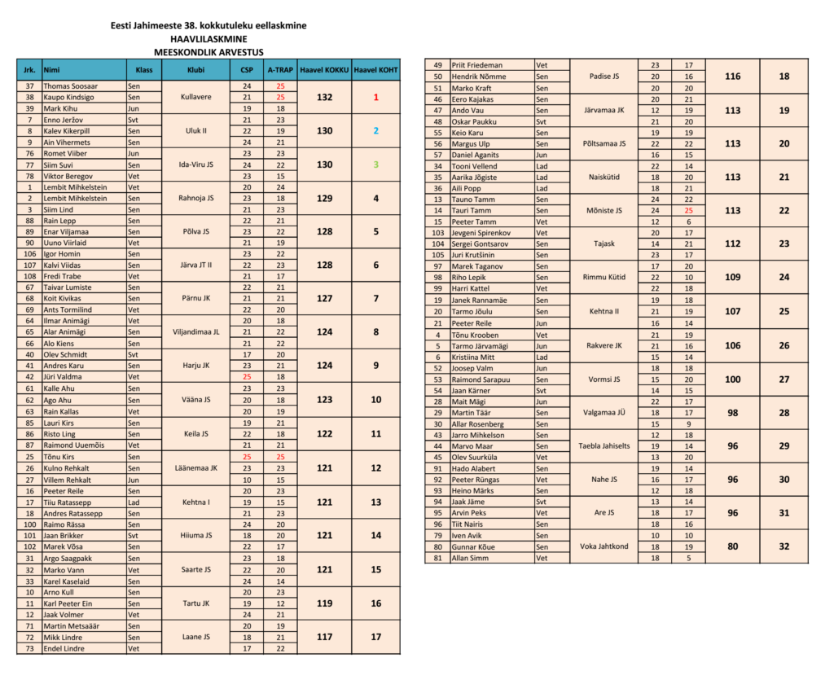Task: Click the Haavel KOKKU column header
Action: [324, 70]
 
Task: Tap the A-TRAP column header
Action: [280, 70]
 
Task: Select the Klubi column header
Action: [195, 70]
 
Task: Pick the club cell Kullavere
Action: [195, 97]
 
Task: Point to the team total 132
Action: [324, 97]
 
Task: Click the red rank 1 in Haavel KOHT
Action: [375, 97]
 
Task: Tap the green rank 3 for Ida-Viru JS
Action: [375, 164]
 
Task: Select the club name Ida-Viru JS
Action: [195, 164]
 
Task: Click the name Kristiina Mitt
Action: [472, 357]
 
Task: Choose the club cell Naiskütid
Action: [604, 177]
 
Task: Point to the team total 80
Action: [732, 546]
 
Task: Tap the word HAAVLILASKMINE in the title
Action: [208, 38]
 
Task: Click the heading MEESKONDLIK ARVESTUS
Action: [208, 50]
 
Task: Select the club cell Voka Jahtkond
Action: [604, 546]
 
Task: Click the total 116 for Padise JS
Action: [732, 76]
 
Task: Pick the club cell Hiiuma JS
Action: [195, 535]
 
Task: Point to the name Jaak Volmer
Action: [64, 615]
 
